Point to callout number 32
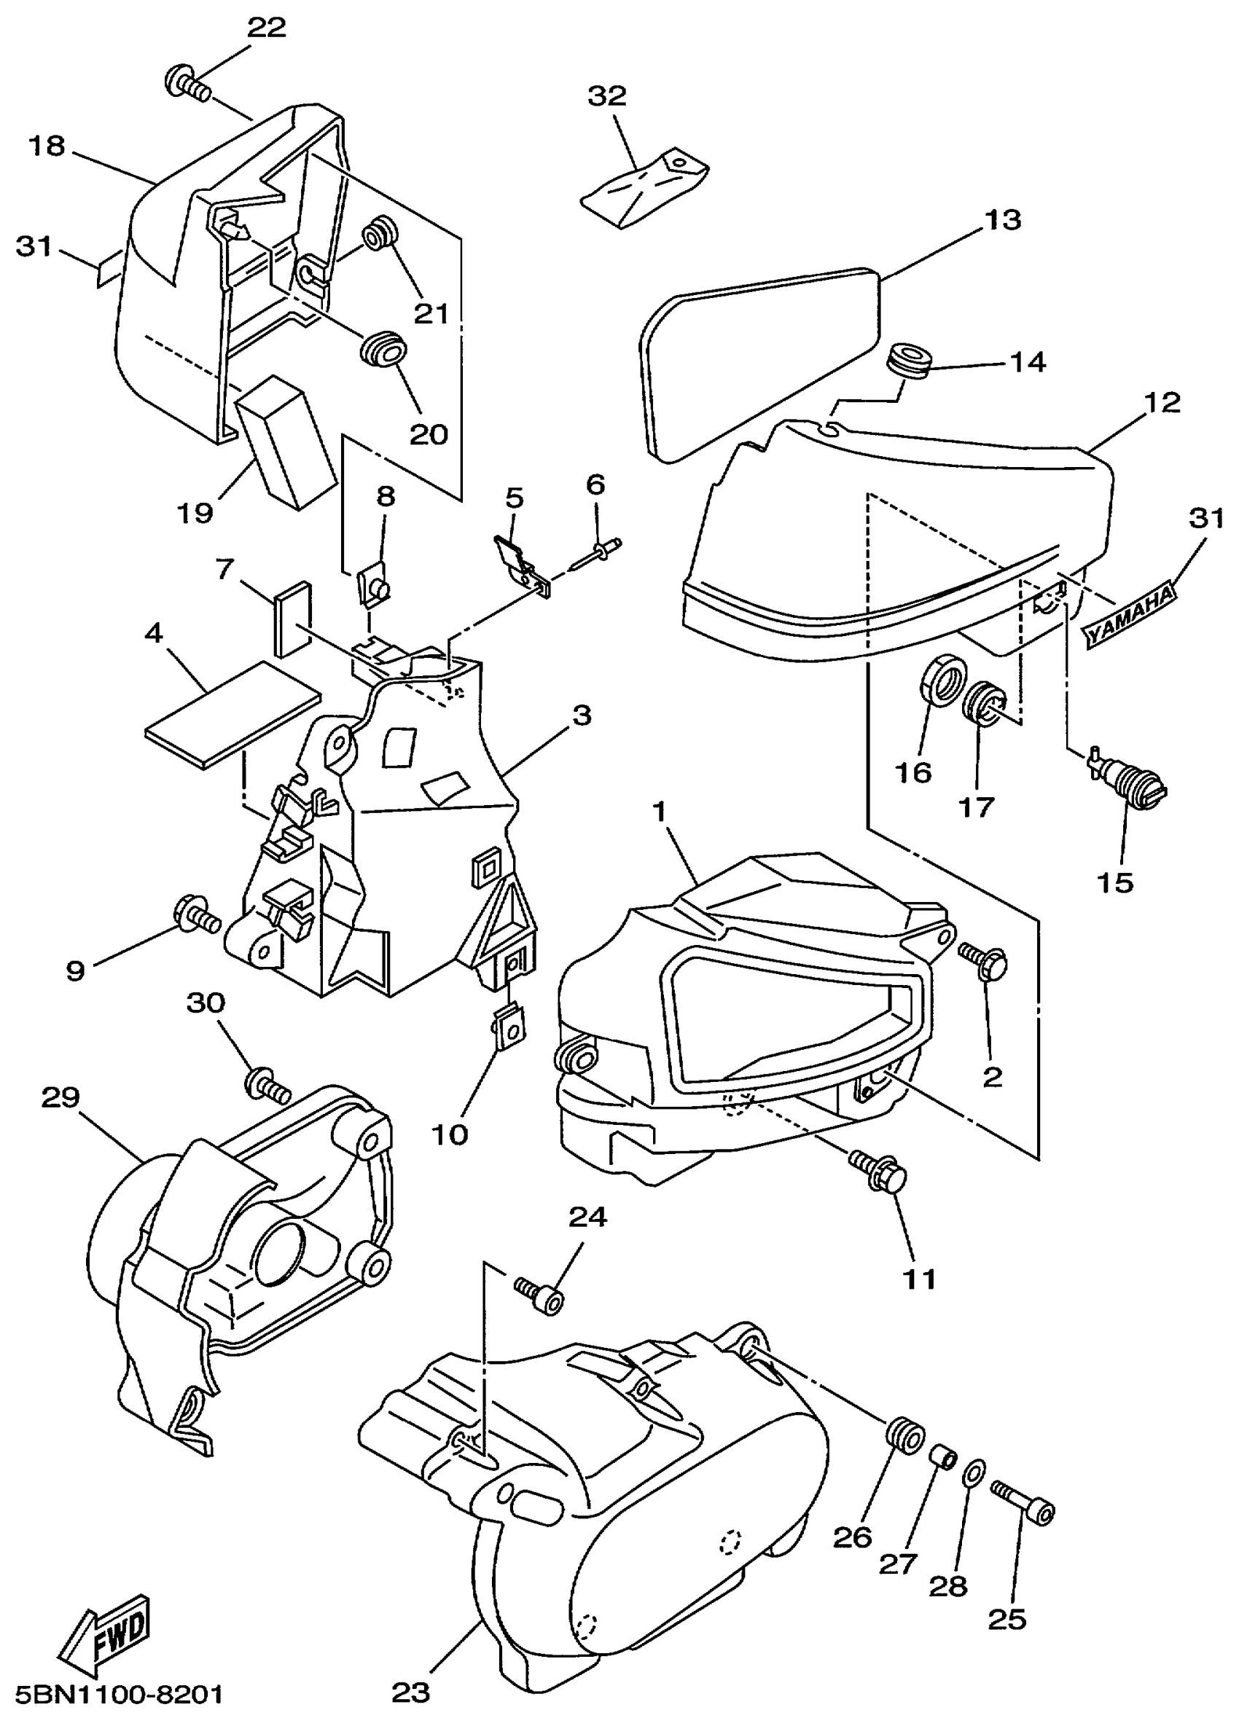click(x=607, y=96)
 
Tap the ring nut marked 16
click(x=945, y=679)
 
